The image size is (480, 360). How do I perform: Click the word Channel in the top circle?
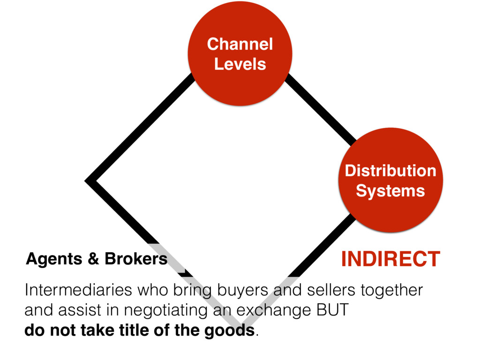click(x=240, y=45)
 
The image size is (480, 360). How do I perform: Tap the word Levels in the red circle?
click(x=240, y=64)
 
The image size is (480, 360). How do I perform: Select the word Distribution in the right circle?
click(x=390, y=171)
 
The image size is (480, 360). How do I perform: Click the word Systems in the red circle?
click(x=390, y=191)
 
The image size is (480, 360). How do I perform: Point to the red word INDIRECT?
click(x=390, y=259)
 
